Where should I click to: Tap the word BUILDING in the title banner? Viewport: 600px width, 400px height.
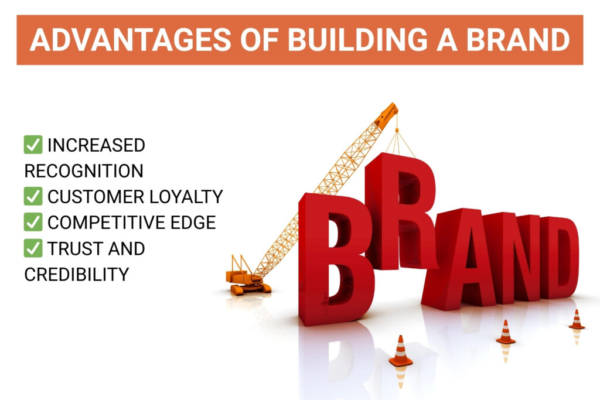357,39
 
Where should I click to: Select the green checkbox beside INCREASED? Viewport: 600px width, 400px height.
33,145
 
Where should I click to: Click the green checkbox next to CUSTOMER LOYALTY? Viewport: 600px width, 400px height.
33,196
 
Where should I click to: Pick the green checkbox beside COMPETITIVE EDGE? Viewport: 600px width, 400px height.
33,222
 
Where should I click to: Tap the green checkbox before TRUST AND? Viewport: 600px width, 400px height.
33,248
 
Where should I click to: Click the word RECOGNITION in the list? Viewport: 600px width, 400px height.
84,171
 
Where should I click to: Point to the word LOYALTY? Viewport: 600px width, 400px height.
186,197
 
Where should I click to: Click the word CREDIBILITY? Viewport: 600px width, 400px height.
77,274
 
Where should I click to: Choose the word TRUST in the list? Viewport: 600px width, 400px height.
76,248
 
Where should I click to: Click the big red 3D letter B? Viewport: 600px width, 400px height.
334,260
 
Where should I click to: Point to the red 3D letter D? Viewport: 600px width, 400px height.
560,257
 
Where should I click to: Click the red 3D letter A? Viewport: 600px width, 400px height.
457,260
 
